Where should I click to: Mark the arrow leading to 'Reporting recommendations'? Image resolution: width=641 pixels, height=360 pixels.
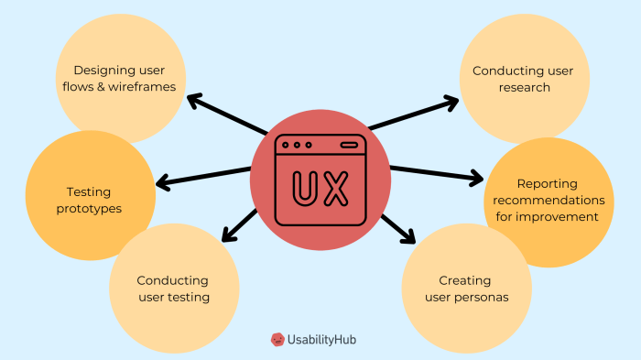436,173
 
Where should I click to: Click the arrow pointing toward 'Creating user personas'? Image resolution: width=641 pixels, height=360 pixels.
397,227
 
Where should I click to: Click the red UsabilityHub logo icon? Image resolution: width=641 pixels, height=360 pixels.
277,340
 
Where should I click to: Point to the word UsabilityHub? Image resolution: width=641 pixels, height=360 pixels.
323,340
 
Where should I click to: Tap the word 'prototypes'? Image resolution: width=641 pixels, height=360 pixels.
88,208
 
